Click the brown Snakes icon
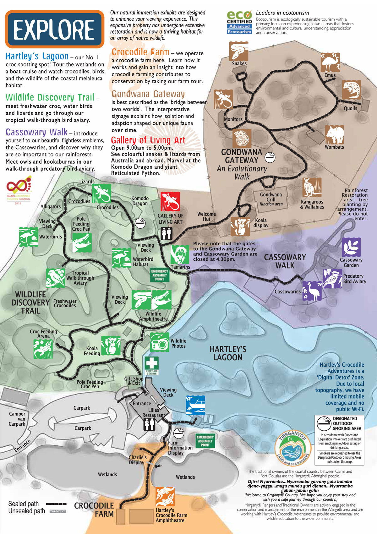(x=239, y=51)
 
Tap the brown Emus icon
(x=330, y=63)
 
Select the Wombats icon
(x=334, y=135)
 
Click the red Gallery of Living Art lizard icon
(x=170, y=202)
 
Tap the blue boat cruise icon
(x=195, y=405)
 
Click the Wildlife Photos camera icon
(x=160, y=342)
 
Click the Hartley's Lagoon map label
(x=228, y=353)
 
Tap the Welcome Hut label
(x=206, y=216)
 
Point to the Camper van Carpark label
(x=17, y=419)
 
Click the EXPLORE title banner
(x=55, y=29)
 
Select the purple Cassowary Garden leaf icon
(x=351, y=247)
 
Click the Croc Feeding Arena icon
(x=43, y=349)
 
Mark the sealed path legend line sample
(x=56, y=504)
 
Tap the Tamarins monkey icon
(x=180, y=254)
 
